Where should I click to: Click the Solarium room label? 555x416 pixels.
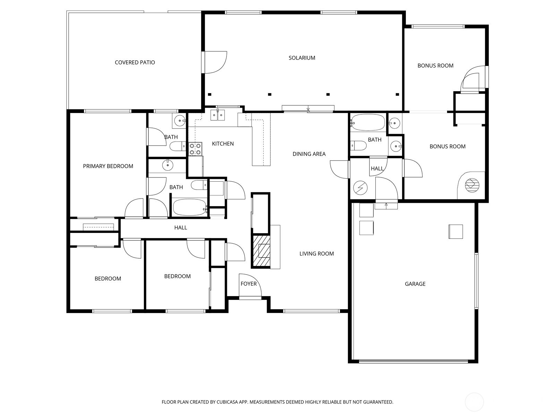coord(302,58)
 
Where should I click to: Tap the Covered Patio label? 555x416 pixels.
coord(135,62)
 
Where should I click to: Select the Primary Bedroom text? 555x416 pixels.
coord(108,166)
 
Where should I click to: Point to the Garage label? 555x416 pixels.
coord(415,284)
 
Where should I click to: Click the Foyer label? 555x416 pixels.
coord(249,284)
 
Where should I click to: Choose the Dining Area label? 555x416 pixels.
coord(309,154)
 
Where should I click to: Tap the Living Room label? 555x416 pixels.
coord(317,254)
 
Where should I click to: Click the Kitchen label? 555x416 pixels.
coord(223,144)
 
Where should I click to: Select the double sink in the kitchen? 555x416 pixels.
coord(218,115)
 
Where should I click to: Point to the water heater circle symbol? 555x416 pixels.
coord(360,188)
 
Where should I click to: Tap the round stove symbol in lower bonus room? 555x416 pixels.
coord(472,185)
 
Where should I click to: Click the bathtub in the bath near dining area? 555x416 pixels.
coord(368,122)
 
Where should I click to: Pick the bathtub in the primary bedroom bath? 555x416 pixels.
coord(190,207)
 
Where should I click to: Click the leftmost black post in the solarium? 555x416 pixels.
coord(210,94)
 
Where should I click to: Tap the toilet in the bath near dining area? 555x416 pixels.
coord(358,146)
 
